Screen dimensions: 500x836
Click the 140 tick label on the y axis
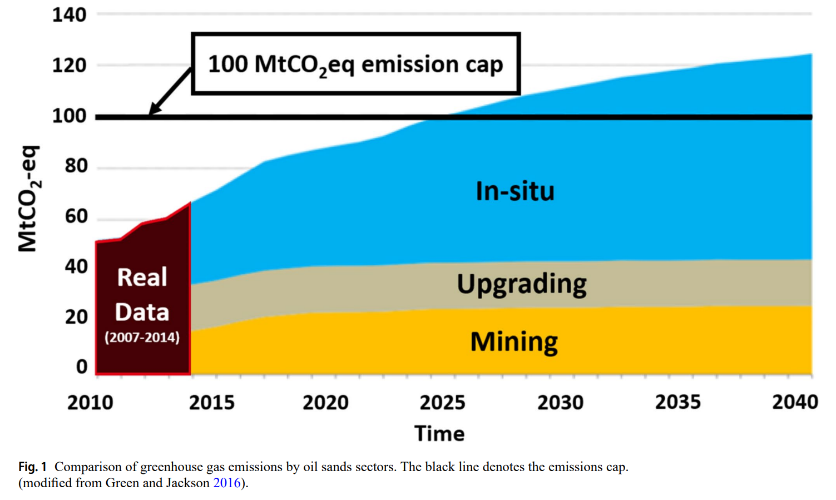click(70, 15)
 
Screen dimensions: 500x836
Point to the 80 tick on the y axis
click(76, 166)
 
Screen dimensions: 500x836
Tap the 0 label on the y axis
click(82, 367)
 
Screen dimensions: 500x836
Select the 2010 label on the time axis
click(90, 402)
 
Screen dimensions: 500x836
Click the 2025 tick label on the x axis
click(442, 402)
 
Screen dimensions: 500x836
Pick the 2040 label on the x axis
click(795, 402)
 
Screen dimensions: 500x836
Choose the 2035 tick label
click(677, 402)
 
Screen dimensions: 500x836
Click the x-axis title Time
click(439, 434)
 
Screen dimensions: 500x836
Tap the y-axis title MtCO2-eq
click(28, 199)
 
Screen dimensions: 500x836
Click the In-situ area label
click(515, 191)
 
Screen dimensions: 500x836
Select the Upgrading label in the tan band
click(522, 284)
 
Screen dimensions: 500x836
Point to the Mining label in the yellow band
click(514, 342)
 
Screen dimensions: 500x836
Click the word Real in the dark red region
click(142, 277)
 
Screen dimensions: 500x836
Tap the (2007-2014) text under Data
click(142, 337)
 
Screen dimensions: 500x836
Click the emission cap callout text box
click(355, 64)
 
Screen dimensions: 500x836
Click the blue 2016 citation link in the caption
click(227, 483)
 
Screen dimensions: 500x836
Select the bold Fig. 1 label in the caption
click(32, 467)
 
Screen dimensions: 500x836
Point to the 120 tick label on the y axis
click(70, 66)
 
